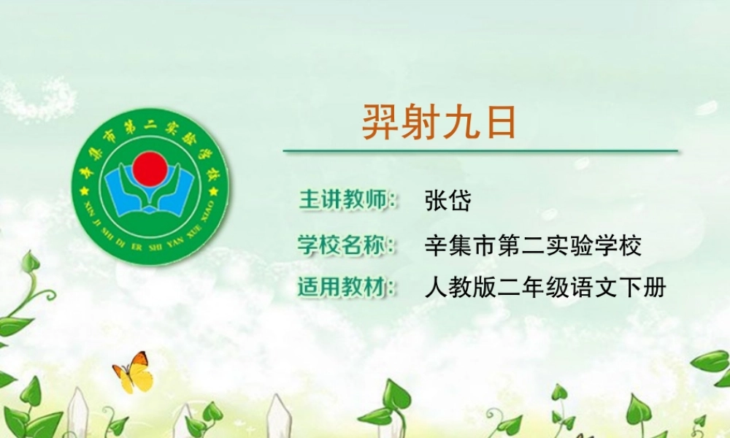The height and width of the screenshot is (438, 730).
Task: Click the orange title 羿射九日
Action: point(439,122)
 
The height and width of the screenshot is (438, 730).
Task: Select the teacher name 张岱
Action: point(447,200)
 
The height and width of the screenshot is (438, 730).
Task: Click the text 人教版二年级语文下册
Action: point(545,287)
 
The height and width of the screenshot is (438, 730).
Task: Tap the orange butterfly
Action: point(133,372)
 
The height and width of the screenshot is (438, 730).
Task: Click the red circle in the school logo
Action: point(150,167)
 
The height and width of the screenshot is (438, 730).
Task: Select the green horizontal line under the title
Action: point(480,151)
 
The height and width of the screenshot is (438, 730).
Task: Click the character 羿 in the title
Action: point(381,122)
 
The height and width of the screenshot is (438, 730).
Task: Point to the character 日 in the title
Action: point(501,122)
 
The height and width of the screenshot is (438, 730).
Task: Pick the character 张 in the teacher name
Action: point(436,200)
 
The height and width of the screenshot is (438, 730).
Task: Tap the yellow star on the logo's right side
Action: point(214,191)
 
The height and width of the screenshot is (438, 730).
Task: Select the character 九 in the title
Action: point(461,122)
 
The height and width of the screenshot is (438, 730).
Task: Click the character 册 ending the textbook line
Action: point(655,287)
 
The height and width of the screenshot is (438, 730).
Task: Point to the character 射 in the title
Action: point(420,122)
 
